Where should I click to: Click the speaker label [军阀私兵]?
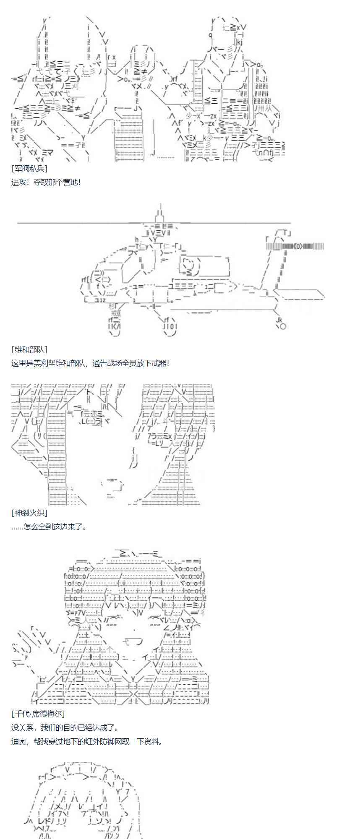click(29, 169)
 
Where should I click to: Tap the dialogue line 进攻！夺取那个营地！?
click(46, 182)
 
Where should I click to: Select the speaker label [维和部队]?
click(29, 349)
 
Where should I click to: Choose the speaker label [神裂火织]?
click(29, 513)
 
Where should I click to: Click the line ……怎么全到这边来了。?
click(49, 526)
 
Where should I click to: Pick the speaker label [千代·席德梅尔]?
click(38, 714)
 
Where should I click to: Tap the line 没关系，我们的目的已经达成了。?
click(65, 727)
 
